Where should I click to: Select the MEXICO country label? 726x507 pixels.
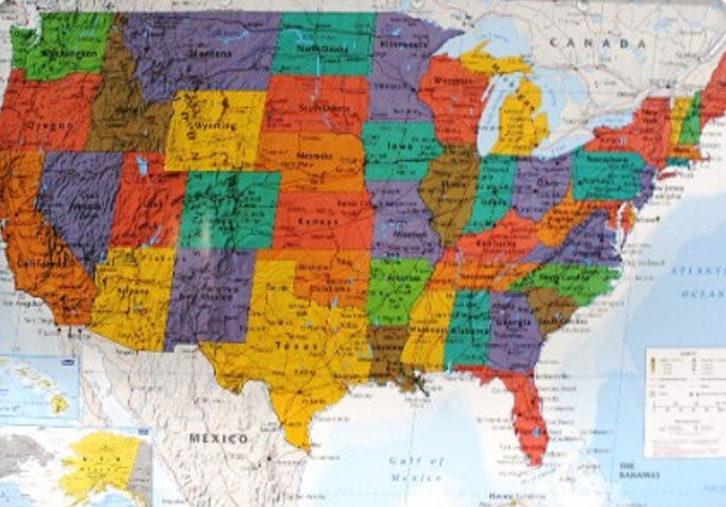pos(218,439)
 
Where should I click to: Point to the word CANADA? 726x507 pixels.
pos(603,43)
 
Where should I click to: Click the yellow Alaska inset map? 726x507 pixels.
pos(100,463)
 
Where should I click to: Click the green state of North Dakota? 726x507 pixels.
pos(323,45)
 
